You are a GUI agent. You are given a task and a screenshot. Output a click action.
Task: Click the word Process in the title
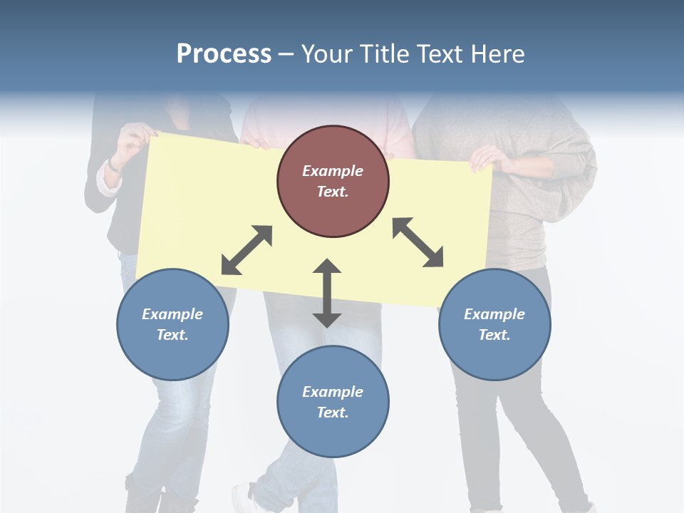click(224, 54)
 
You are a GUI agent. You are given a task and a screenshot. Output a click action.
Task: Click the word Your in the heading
click(326, 54)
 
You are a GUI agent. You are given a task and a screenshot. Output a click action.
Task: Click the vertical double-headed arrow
click(327, 293)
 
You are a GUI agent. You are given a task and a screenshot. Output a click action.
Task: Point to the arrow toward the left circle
click(247, 250)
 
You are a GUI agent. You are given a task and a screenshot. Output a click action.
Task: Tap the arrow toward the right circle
click(418, 242)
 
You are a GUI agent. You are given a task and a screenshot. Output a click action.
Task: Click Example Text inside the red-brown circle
click(333, 181)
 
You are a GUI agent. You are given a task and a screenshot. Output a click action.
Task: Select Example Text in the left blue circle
click(172, 324)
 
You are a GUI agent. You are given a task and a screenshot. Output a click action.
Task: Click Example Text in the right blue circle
click(494, 324)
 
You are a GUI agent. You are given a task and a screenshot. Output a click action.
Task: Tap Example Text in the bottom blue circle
click(333, 402)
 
